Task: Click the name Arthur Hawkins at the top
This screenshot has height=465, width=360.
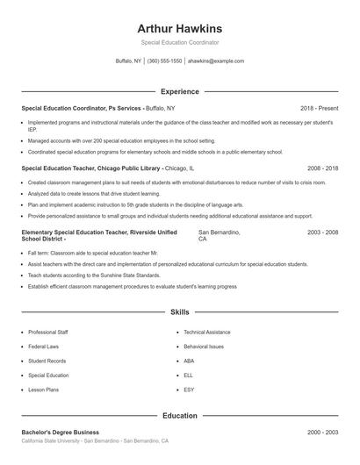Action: click(x=180, y=28)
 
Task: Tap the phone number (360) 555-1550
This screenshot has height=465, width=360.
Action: click(x=164, y=61)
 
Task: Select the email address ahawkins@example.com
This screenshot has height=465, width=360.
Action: click(x=216, y=61)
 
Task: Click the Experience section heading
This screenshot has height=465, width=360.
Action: click(x=180, y=91)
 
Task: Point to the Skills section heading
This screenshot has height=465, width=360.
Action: click(x=180, y=311)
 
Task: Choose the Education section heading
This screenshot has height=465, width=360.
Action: click(x=180, y=416)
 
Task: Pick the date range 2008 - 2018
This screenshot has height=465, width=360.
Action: click(x=322, y=167)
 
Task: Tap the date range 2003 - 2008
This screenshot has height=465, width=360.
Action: click(x=322, y=232)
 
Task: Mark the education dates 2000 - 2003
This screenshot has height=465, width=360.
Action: click(x=322, y=433)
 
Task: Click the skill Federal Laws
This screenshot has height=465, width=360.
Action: click(x=43, y=347)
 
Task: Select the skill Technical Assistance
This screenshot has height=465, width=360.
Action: click(x=206, y=333)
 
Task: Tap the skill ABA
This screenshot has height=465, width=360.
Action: click(x=189, y=361)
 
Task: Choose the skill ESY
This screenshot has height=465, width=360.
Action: click(x=189, y=389)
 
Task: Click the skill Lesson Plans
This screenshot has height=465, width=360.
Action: click(x=43, y=389)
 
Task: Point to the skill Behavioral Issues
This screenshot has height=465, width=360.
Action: click(x=204, y=347)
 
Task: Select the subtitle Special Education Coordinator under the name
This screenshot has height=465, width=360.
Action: click(x=180, y=42)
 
